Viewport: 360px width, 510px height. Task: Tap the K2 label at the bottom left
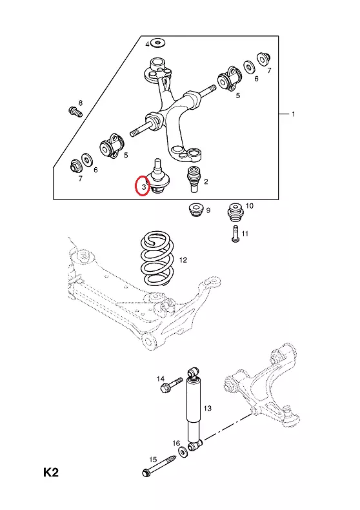51,473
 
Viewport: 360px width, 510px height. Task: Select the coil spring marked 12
155,258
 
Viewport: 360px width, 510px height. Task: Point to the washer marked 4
159,42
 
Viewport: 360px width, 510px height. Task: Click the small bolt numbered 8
75,112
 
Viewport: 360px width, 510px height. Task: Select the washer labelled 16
183,452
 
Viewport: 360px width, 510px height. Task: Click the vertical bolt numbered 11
236,234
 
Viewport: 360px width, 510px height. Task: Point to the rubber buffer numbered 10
235,213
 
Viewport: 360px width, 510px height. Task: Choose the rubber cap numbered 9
196,210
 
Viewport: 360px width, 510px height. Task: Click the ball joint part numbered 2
194,179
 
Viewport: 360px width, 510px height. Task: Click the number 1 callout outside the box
294,114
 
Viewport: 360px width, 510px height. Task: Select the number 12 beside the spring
183,260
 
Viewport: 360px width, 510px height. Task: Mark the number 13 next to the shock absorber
207,408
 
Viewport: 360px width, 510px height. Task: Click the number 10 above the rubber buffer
249,205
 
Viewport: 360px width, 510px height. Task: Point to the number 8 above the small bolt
80,103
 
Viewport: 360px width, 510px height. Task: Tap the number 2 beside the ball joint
206,181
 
